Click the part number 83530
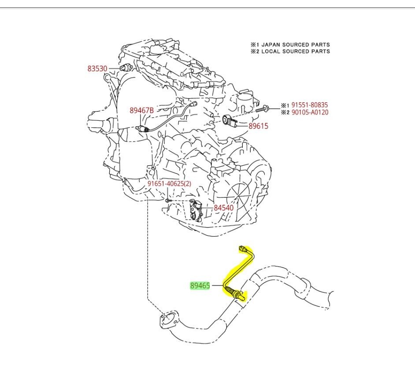click(97, 69)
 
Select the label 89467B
click(141, 111)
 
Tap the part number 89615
click(258, 126)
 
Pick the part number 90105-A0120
click(310, 112)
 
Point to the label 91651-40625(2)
click(169, 184)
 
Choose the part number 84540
click(224, 208)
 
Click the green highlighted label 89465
click(200, 286)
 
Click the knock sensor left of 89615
click(230, 120)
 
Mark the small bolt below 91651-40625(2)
click(168, 201)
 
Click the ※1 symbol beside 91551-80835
click(285, 105)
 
